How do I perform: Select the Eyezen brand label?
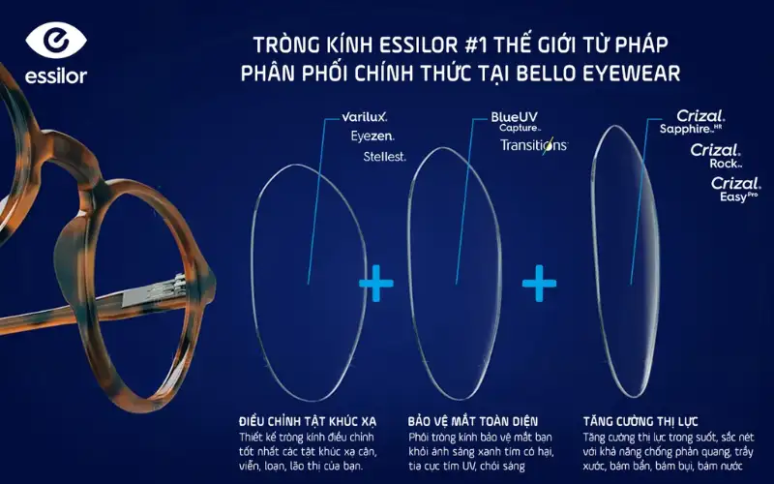[x=372, y=136]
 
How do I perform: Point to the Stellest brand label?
[x=384, y=156]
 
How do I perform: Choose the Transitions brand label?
[x=533, y=145]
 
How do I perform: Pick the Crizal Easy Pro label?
[x=734, y=188]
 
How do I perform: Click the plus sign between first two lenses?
[x=376, y=283]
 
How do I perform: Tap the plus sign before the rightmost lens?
[x=539, y=283]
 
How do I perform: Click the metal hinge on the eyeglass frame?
[x=174, y=282]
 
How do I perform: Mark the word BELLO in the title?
[x=543, y=73]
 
